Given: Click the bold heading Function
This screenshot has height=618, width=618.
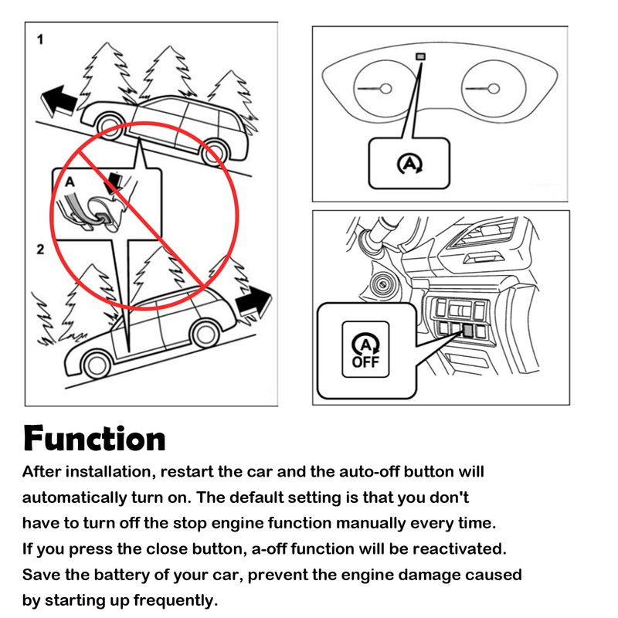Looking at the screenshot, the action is tap(94, 438).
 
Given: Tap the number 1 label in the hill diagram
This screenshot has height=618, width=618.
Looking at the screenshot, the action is tap(40, 39).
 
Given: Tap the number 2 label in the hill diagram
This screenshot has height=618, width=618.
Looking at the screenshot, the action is tap(40, 249).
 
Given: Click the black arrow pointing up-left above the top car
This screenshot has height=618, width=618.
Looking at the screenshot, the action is tap(59, 101).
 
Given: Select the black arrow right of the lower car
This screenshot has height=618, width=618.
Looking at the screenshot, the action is tap(254, 301).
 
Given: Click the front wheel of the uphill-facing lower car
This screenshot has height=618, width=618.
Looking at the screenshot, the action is tap(205, 334).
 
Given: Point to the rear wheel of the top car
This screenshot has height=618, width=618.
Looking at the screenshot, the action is tap(215, 152).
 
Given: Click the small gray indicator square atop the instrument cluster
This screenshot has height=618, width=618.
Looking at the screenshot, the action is tap(421, 56).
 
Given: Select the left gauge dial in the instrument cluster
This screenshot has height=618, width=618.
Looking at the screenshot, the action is tap(385, 88).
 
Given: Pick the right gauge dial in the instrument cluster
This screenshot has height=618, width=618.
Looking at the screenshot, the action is tap(494, 88).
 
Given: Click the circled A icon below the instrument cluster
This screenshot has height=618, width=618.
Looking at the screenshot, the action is tap(409, 164).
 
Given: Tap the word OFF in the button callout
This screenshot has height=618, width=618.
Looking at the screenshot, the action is tap(365, 362).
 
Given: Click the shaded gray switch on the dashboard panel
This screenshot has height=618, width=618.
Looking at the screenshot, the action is tap(468, 330).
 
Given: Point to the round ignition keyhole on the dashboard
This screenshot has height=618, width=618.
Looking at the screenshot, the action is tap(382, 284).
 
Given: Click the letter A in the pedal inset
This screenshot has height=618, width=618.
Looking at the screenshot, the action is tap(70, 182).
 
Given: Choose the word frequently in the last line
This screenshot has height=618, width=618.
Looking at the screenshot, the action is tap(175, 601).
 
